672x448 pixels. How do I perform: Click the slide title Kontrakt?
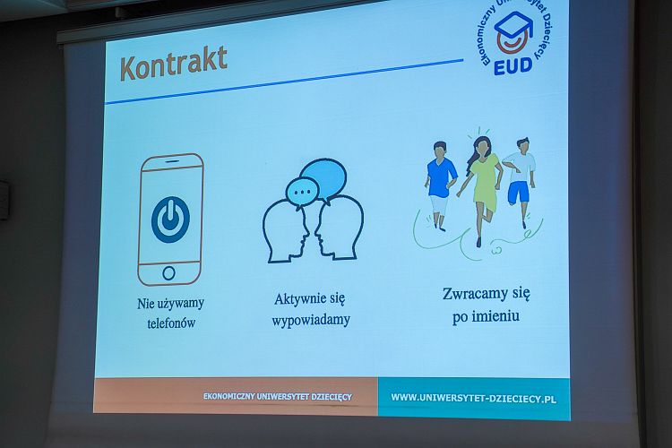click(x=174, y=64)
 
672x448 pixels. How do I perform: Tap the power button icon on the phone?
click(x=170, y=220)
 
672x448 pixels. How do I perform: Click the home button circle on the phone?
click(x=168, y=273)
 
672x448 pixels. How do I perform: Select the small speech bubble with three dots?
click(x=303, y=192)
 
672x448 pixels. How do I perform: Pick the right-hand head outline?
click(x=339, y=228)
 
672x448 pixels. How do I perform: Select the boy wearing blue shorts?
click(x=520, y=180)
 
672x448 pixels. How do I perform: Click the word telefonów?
click(x=171, y=323)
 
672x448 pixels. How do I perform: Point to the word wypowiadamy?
click(x=311, y=320)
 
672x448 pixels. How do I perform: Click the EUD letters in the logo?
click(x=513, y=66)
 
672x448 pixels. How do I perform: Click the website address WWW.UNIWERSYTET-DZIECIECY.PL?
click(x=474, y=398)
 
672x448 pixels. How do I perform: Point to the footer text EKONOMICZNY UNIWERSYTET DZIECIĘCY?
click(x=277, y=397)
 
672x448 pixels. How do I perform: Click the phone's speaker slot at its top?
click(x=172, y=161)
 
